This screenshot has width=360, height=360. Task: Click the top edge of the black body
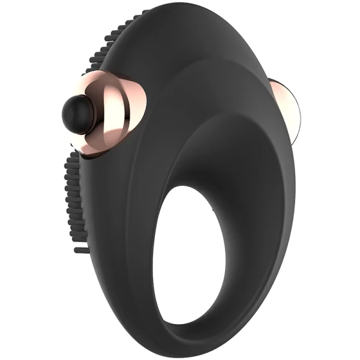tap(198, 8)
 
